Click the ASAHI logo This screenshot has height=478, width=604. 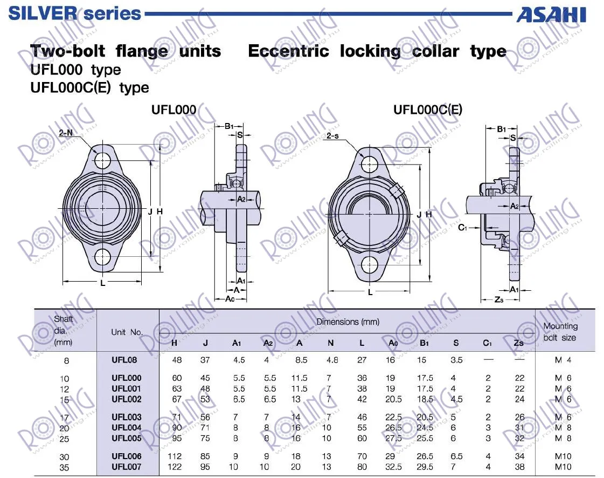[x=551, y=15]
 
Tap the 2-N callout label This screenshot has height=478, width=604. [x=66, y=133]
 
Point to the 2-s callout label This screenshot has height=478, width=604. [x=332, y=136]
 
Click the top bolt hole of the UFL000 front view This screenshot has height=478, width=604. [x=102, y=160]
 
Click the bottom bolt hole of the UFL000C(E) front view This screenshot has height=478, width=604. [x=370, y=265]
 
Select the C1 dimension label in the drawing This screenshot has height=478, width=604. [x=463, y=228]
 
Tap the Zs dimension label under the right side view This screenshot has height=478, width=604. [x=499, y=299]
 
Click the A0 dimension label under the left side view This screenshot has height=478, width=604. [x=230, y=299]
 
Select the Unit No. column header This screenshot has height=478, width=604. [x=127, y=332]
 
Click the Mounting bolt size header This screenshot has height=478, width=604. [x=560, y=332]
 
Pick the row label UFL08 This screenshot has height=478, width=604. [x=124, y=360]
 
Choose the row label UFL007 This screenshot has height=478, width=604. [x=126, y=467]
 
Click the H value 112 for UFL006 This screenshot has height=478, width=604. [x=175, y=456]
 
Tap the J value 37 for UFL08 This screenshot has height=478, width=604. [x=205, y=360]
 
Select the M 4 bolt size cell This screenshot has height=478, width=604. [x=563, y=360]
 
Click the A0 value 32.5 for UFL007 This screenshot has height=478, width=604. [x=393, y=467]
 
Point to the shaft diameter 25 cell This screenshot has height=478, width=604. [x=64, y=439]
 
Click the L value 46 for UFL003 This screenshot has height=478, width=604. [x=362, y=417]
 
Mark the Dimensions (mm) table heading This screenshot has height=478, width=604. [x=348, y=322]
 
